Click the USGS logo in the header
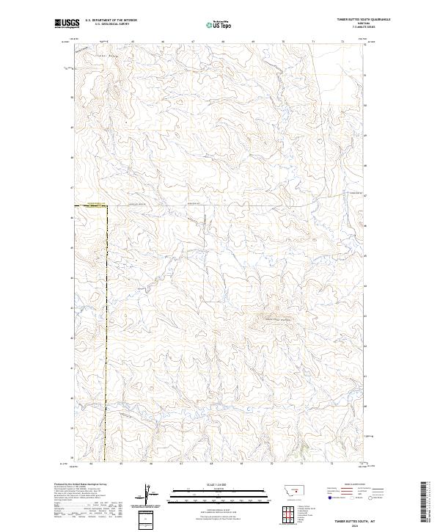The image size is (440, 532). point(65,23)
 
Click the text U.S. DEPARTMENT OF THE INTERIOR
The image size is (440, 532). point(111,20)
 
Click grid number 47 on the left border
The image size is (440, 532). point(71,188)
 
